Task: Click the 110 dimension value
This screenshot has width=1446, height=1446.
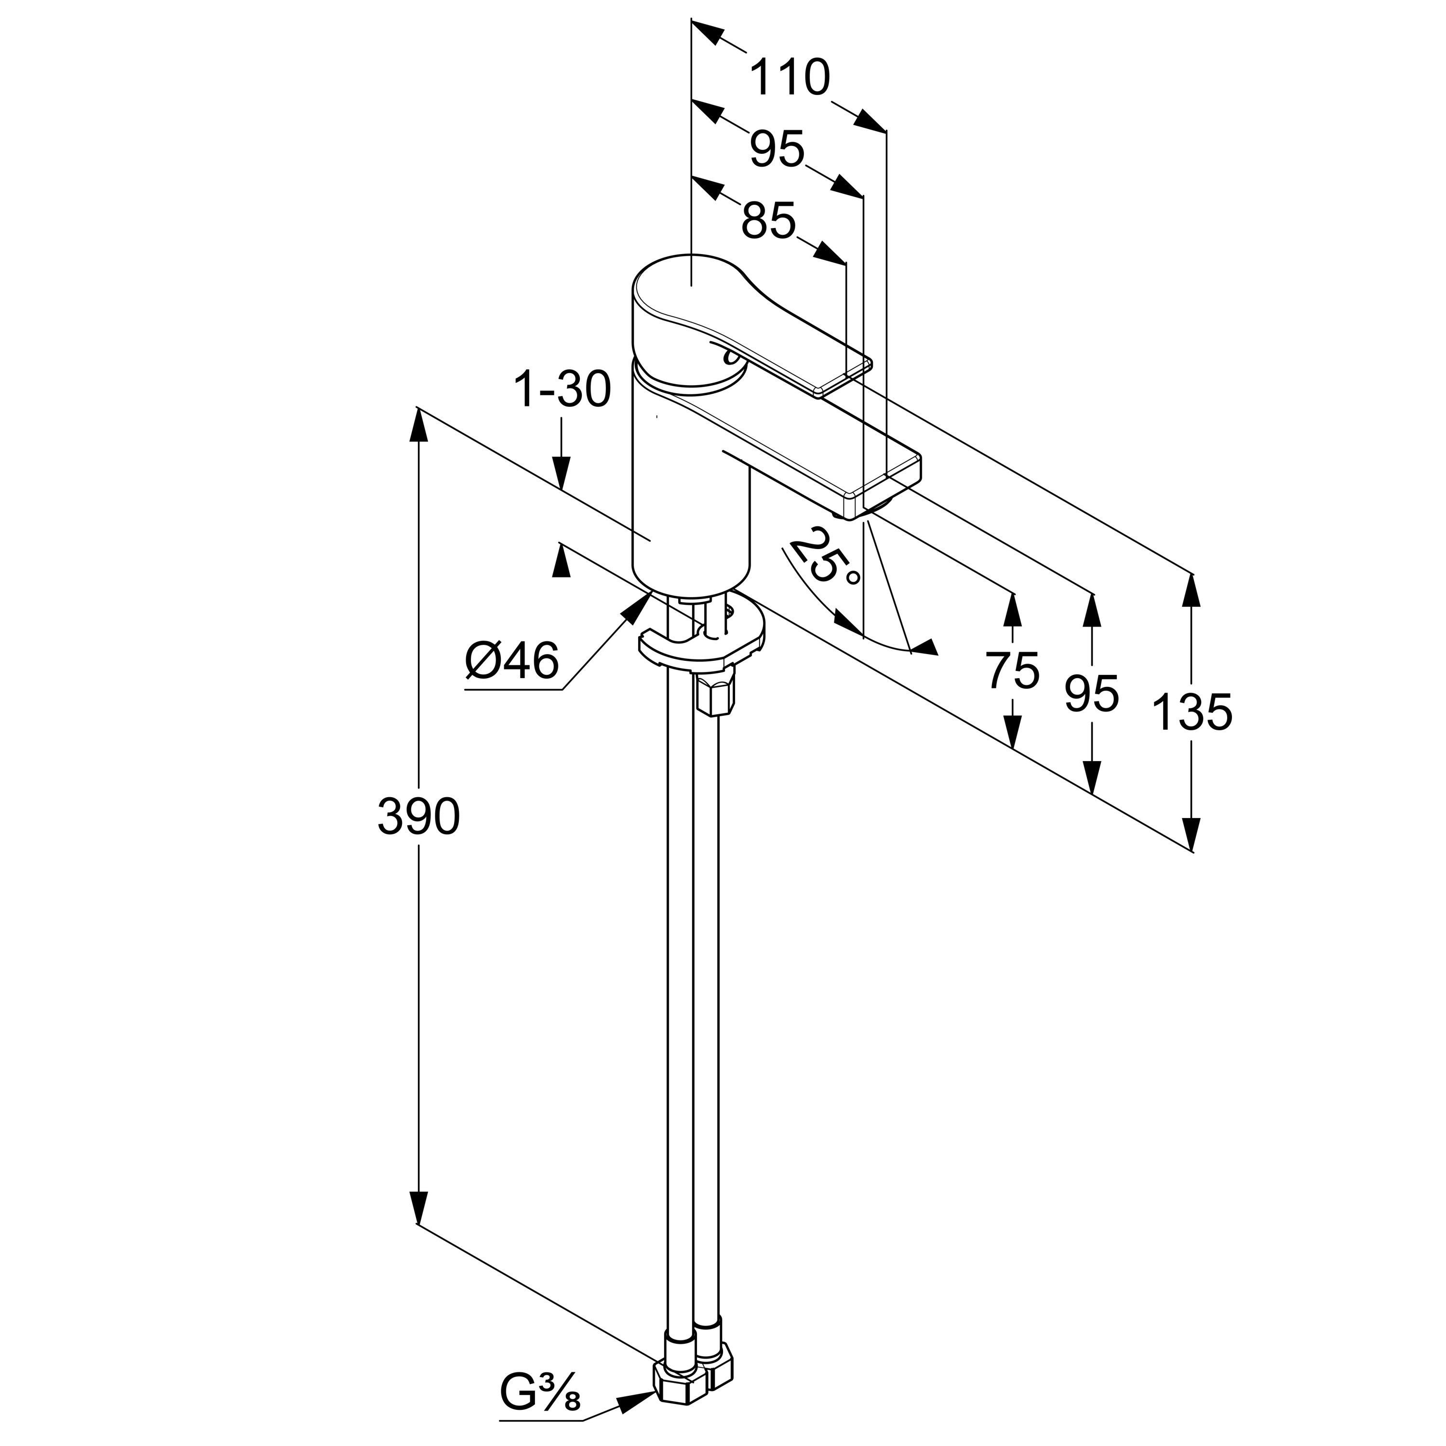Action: (790, 78)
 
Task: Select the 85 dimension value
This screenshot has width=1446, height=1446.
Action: (769, 222)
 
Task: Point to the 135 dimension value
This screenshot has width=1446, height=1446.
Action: (1192, 712)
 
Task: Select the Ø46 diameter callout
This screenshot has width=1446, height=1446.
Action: (512, 662)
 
